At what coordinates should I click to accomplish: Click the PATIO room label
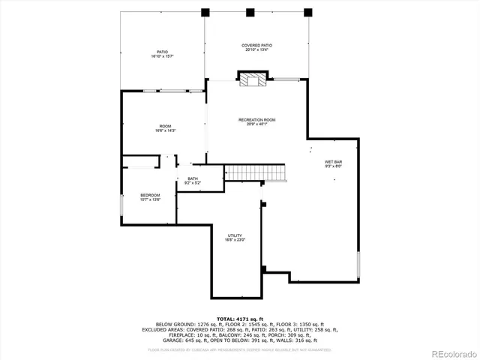(162, 52)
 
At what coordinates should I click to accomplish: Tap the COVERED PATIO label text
(256, 46)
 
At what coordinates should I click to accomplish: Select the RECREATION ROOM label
(256, 120)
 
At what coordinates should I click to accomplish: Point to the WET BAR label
(333, 161)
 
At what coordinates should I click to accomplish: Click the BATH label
(193, 178)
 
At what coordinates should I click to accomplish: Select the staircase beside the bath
(256, 172)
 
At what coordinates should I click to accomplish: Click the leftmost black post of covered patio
(205, 12)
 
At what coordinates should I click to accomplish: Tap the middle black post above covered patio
(249, 12)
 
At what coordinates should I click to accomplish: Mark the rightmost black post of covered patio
(307, 12)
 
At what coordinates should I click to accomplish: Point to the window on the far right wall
(358, 264)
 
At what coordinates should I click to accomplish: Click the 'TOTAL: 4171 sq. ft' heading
(239, 319)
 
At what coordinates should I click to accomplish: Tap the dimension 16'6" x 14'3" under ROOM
(164, 130)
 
